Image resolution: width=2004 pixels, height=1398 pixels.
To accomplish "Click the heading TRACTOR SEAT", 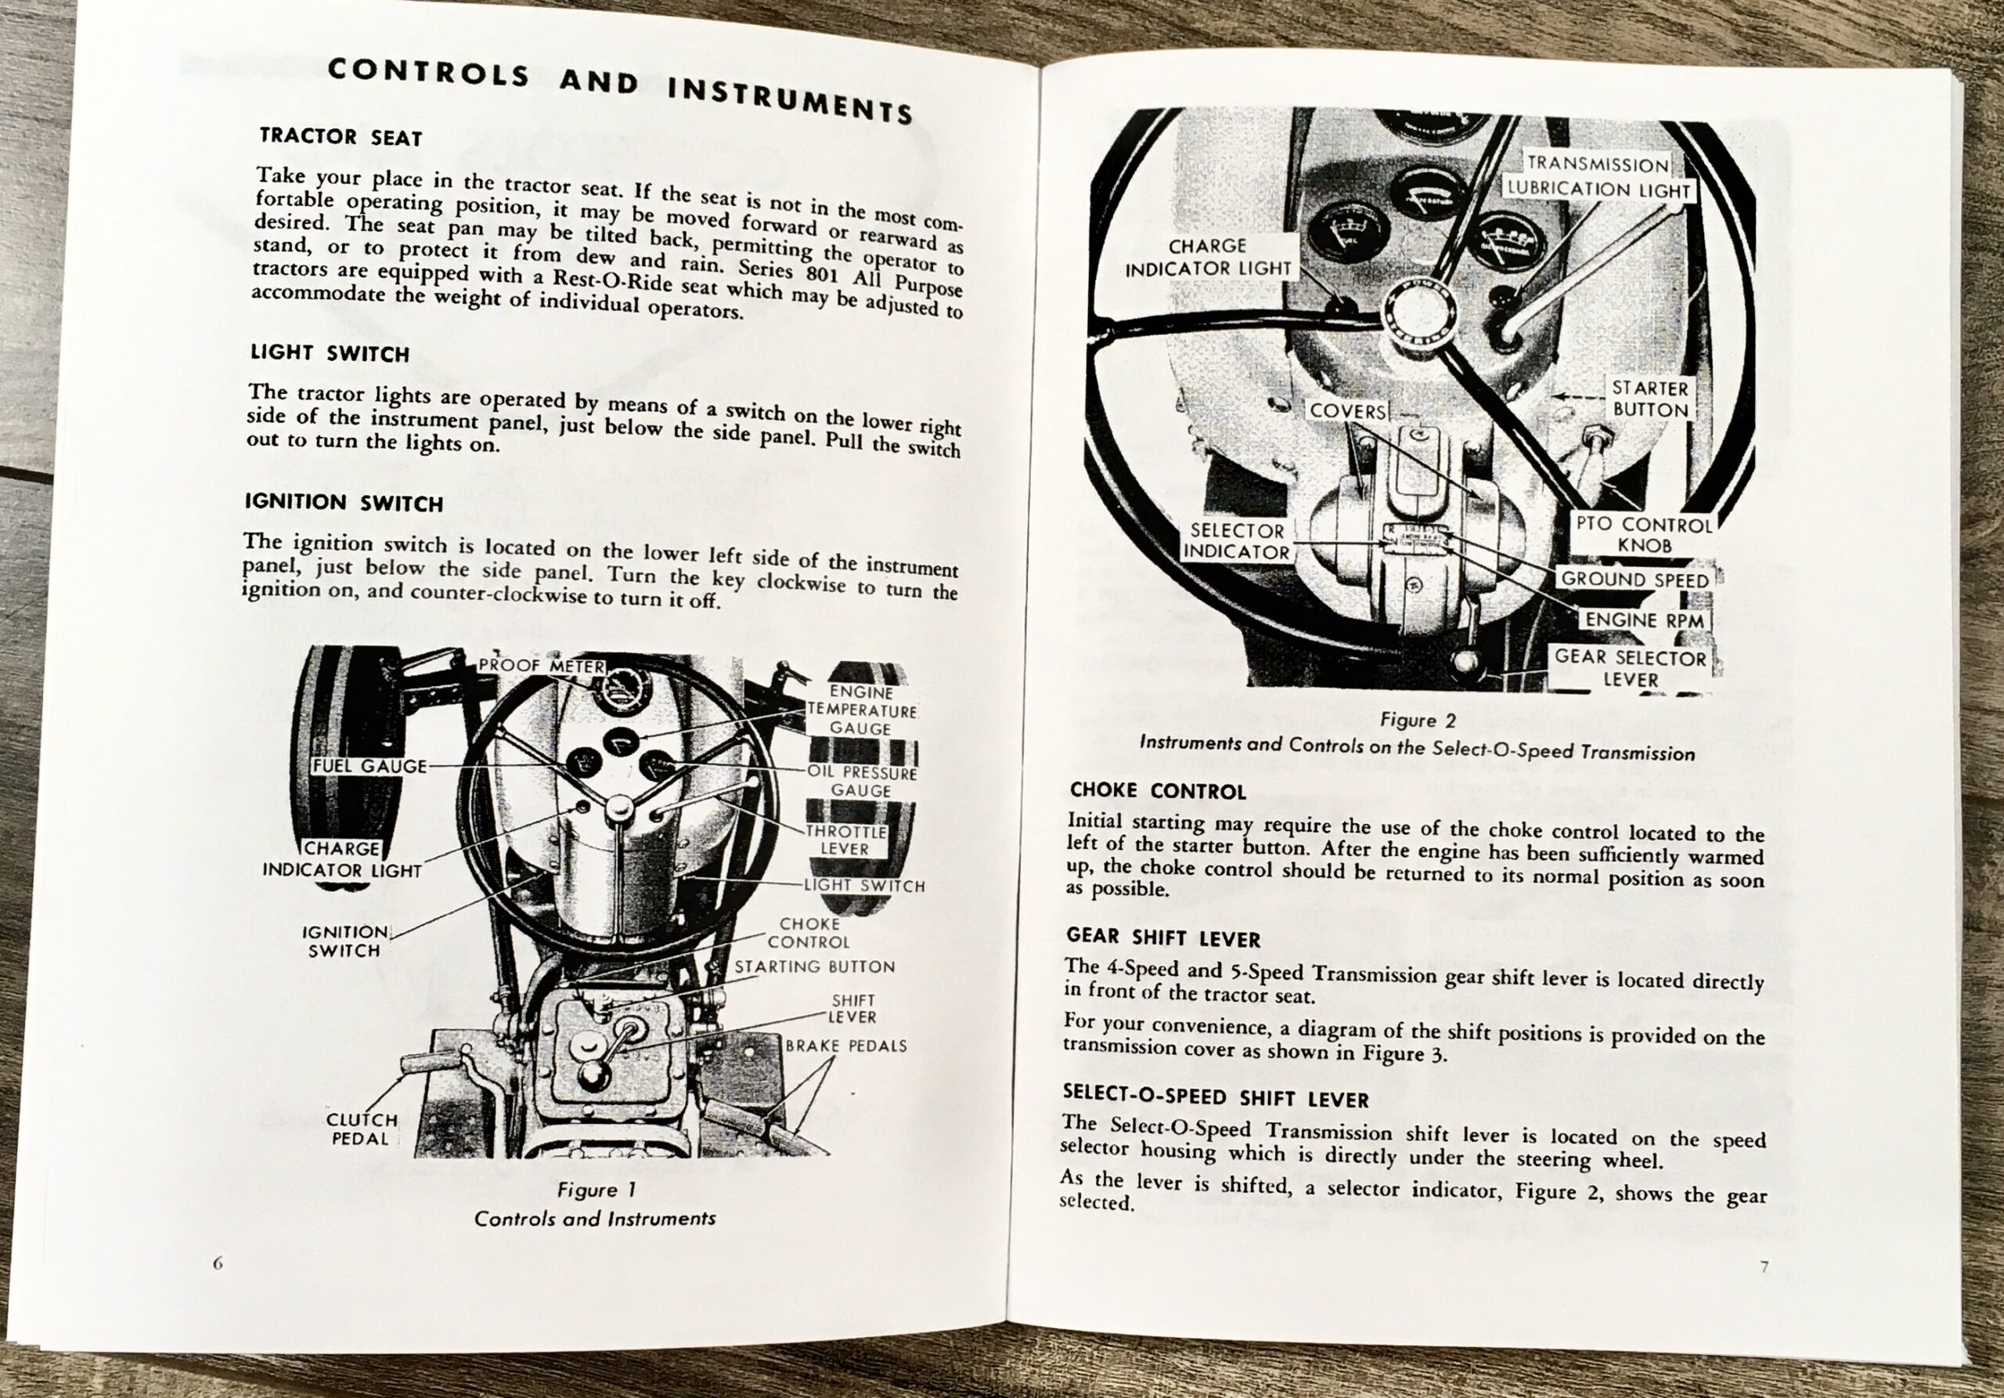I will [341, 137].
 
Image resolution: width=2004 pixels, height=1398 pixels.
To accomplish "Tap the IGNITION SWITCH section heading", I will [344, 502].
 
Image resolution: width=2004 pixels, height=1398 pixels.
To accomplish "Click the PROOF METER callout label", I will [541, 666].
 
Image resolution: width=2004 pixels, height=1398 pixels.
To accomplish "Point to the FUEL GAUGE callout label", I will [370, 767].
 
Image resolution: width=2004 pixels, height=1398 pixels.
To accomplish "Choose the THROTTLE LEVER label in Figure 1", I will [845, 840].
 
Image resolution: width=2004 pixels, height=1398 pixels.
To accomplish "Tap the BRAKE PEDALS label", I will [845, 1046].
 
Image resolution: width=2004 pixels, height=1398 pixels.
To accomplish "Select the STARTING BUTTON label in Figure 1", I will [814, 966].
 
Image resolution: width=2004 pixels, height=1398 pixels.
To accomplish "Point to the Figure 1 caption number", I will [597, 1190].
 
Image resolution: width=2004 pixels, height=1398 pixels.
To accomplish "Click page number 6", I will [218, 1263].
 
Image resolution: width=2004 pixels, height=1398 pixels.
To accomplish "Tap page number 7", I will [1764, 1267].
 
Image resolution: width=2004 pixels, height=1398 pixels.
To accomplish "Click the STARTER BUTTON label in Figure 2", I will [1649, 399].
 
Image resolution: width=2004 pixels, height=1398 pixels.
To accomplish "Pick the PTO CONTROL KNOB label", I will [1644, 534].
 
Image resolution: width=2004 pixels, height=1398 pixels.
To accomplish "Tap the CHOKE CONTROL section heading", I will [1157, 791].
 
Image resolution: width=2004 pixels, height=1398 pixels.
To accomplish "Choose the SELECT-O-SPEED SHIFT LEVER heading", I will [1215, 1096].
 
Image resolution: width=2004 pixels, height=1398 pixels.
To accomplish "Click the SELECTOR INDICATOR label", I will [1237, 541].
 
